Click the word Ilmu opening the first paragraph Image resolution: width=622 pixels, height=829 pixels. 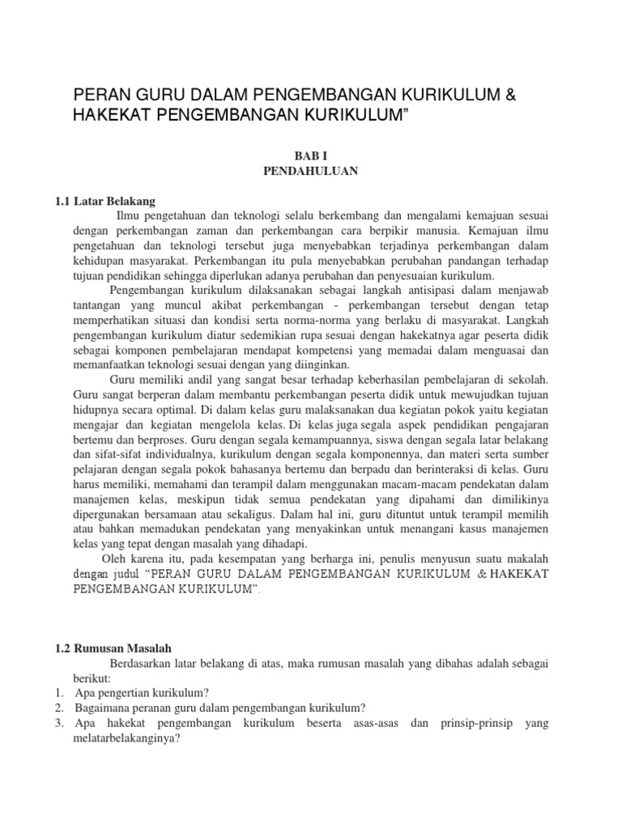coord(130,217)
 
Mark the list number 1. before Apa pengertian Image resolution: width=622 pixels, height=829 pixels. coord(61,693)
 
